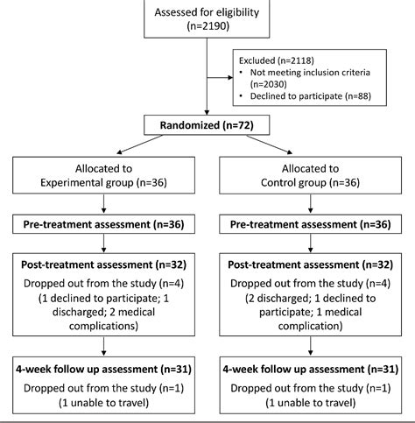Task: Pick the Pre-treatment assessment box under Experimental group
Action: point(104,226)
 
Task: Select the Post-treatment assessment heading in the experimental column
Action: point(104,265)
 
